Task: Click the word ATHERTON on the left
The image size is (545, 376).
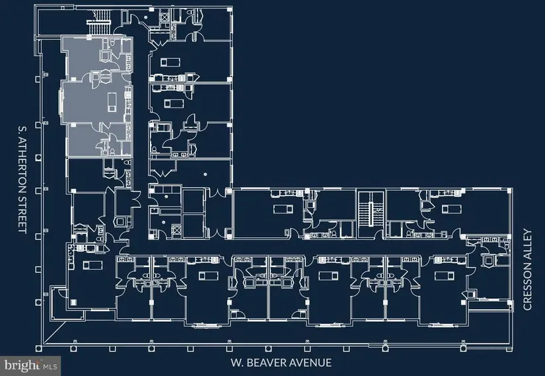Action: pos(23,166)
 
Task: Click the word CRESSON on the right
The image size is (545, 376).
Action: pos(527,287)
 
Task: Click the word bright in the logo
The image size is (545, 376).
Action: pos(21,365)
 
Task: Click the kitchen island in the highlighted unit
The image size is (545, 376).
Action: pos(112,102)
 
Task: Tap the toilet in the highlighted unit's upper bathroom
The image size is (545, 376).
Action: pos(112,43)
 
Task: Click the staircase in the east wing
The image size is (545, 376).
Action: pos(371,213)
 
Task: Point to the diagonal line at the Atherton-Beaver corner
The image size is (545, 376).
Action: pos(55,333)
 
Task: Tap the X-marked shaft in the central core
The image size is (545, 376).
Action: pos(177,230)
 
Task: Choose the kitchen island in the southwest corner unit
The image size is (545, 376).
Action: pos(92,265)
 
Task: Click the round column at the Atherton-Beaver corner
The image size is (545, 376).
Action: pos(39,348)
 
